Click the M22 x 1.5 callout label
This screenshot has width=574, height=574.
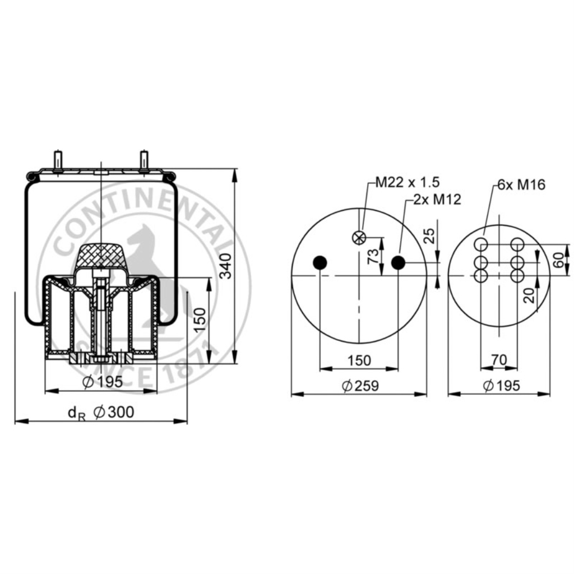408,182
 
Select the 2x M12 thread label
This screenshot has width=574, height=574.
437,200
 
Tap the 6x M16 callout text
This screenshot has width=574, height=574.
521,184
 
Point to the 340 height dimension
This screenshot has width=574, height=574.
226,266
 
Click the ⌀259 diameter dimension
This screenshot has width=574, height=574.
360,386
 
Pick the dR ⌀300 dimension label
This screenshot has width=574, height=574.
101,413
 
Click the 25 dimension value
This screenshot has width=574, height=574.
429,236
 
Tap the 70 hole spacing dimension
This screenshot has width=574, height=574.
498,360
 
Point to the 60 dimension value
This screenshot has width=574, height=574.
558,260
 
